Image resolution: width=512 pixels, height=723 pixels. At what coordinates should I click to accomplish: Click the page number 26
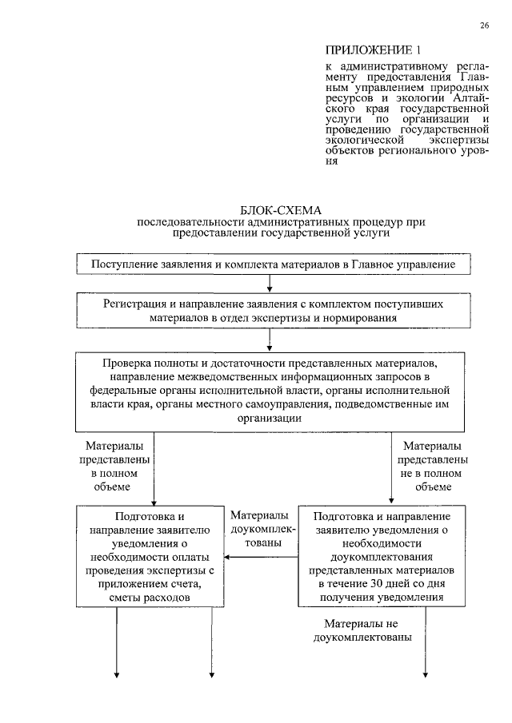click(x=484, y=26)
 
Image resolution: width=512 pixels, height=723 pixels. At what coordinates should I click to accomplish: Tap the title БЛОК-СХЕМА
click(x=274, y=209)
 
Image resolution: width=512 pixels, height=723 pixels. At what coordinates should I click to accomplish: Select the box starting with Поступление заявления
click(x=274, y=264)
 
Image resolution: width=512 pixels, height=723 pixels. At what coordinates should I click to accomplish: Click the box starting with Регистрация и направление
click(x=274, y=311)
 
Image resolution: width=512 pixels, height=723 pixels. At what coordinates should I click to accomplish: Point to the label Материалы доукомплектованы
click(x=263, y=529)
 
